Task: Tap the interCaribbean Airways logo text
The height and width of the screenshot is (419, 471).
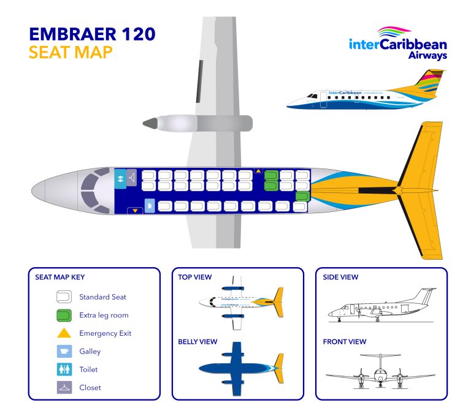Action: click(397, 47)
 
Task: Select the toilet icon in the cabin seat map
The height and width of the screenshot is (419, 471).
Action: click(121, 178)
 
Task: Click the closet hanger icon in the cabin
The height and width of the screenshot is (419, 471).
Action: click(132, 178)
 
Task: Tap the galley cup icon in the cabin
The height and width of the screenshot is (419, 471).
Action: click(149, 205)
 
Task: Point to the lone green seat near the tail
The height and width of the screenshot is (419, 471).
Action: click(302, 196)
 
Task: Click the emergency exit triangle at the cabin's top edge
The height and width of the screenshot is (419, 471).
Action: click(259, 171)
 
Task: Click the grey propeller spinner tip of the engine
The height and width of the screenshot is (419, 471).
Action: click(149, 123)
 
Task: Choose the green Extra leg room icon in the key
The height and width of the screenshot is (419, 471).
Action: click(63, 315)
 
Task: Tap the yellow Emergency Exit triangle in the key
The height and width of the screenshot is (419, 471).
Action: click(63, 334)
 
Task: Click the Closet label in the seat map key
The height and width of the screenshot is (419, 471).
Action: click(90, 388)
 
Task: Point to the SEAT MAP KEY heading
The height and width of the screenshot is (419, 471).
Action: click(60, 277)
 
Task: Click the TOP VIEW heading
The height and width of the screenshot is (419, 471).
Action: click(195, 277)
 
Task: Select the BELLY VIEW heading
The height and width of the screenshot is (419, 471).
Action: click(197, 341)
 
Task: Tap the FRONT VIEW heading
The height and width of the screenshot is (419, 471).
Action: click(345, 341)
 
